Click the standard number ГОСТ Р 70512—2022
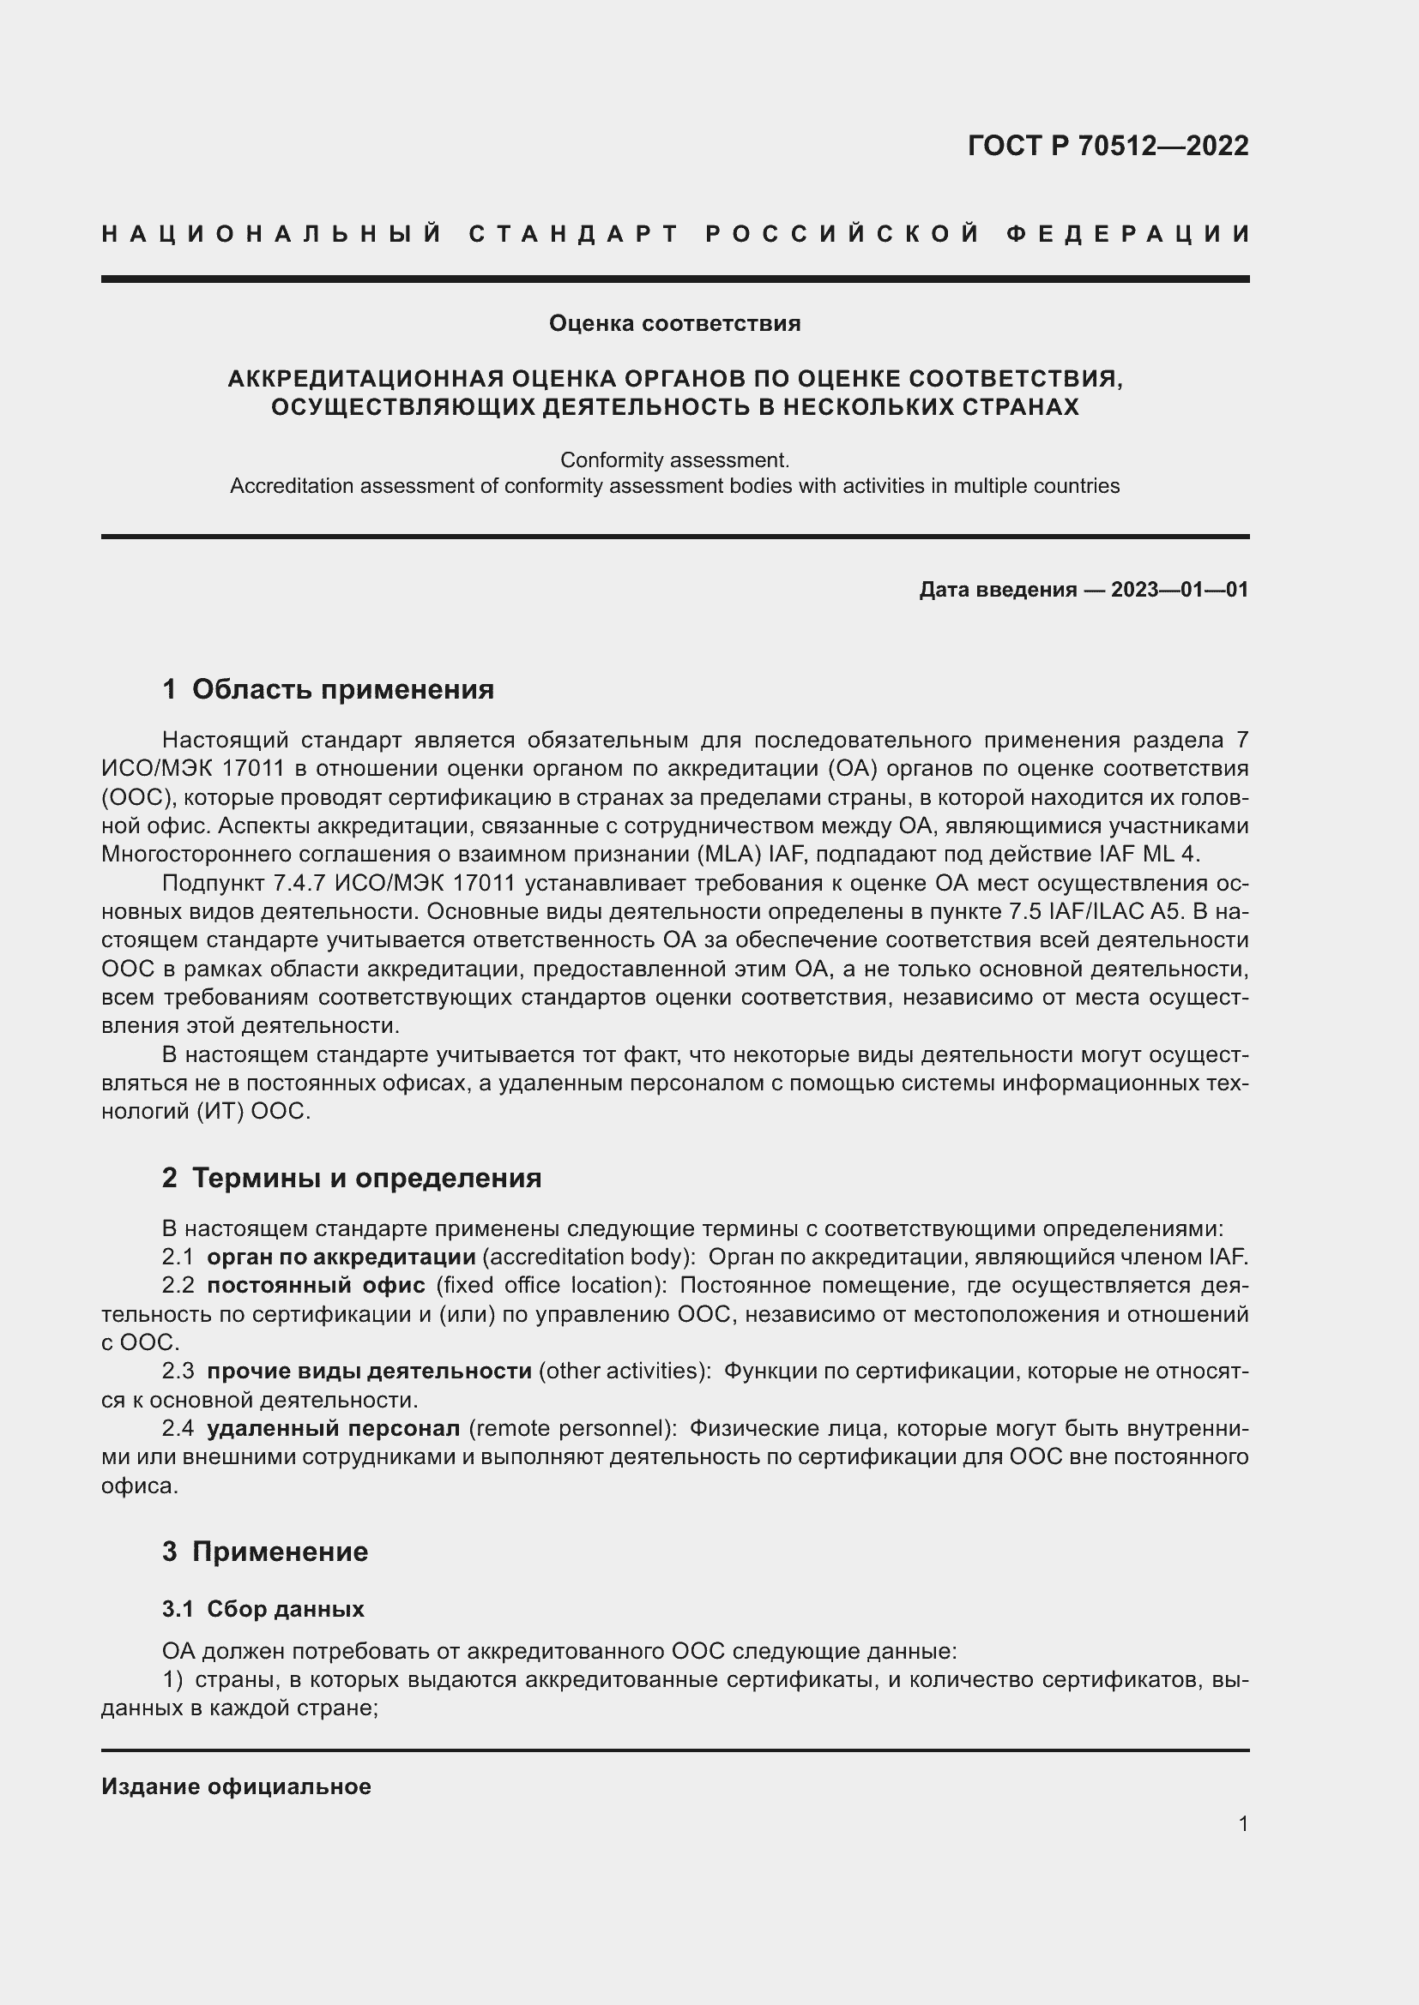pyautogui.click(x=1107, y=146)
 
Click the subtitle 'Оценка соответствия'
pyautogui.click(x=674, y=324)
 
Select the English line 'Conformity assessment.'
pyautogui.click(x=674, y=459)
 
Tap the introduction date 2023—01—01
pyautogui.click(x=1179, y=591)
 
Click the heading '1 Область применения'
pyautogui.click(x=328, y=690)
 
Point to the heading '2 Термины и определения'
pyautogui.click(x=351, y=1178)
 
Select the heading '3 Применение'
pyautogui.click(x=265, y=1552)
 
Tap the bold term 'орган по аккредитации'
pyautogui.click(x=341, y=1258)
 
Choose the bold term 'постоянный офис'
pyautogui.click(x=316, y=1286)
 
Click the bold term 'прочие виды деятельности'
pyautogui.click(x=369, y=1371)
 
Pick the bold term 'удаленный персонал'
pyautogui.click(x=333, y=1429)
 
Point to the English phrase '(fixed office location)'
pyautogui.click(x=551, y=1286)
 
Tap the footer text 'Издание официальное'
pyautogui.click(x=236, y=1786)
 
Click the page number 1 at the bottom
pyautogui.click(x=1242, y=1823)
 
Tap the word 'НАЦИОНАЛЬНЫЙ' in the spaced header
pyautogui.click(x=272, y=234)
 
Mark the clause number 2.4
pyautogui.click(x=178, y=1429)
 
